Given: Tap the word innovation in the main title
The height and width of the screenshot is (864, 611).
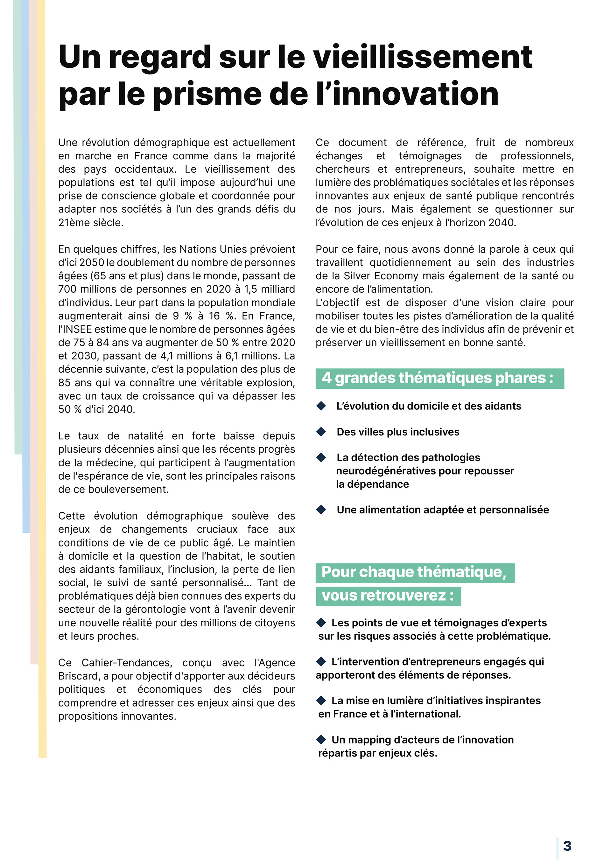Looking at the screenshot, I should (x=416, y=94).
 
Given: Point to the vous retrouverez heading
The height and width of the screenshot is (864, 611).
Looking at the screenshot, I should (x=388, y=596).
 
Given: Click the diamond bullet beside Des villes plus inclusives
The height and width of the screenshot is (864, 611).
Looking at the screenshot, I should (x=321, y=432).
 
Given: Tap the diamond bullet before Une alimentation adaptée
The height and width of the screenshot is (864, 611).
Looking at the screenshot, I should (x=321, y=510).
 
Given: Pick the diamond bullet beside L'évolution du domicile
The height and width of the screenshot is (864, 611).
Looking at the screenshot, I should (x=321, y=406).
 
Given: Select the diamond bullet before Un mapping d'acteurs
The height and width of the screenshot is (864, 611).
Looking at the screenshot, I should (x=321, y=739).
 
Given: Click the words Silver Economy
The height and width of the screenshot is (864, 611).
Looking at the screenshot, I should (x=381, y=276).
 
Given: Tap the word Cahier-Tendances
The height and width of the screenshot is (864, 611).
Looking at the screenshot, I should (x=126, y=663).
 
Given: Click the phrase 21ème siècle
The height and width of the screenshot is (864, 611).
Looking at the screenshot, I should (x=90, y=222).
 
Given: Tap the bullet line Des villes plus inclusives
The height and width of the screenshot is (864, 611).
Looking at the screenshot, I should (x=398, y=432).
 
